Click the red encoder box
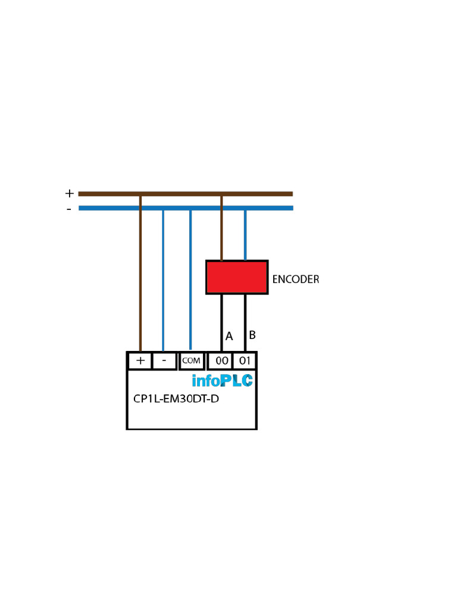pyautogui.click(x=237, y=277)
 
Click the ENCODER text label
pyautogui.click(x=296, y=280)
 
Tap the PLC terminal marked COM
pyautogui.click(x=191, y=361)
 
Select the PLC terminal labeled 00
pyautogui.click(x=220, y=361)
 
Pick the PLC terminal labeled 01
pyautogui.click(x=245, y=361)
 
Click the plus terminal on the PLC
pyautogui.click(x=140, y=361)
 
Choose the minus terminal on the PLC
pyautogui.click(x=164, y=361)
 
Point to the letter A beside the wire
pyautogui.click(x=229, y=337)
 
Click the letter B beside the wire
pyautogui.click(x=252, y=335)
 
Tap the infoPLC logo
pyautogui.click(x=223, y=381)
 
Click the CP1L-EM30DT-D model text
pyautogui.click(x=176, y=399)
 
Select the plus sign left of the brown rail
pyautogui.click(x=70, y=193)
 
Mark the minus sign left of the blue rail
pyautogui.click(x=69, y=209)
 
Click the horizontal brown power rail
pyautogui.click(x=186, y=194)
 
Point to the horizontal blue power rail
pyautogui.click(x=186, y=208)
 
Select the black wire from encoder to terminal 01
pyautogui.click(x=245, y=323)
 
